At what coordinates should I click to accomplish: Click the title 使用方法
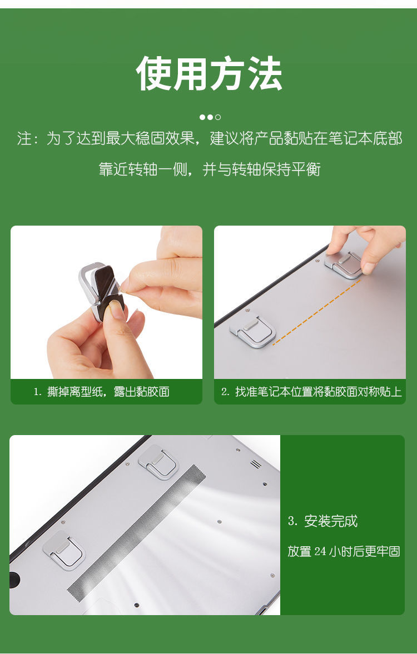coord(209,74)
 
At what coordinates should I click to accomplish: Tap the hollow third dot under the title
coord(218,117)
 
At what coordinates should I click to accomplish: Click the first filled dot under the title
coord(202,117)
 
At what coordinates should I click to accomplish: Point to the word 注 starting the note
coord(24,138)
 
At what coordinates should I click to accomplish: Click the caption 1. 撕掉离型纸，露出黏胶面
coord(102,392)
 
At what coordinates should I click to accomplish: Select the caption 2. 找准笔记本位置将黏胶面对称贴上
coord(311,392)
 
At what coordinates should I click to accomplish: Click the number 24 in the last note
coord(320,552)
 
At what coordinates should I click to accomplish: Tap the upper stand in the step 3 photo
coord(159,461)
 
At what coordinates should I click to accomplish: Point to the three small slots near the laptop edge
coord(255,463)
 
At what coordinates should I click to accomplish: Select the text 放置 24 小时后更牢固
coord(344,552)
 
